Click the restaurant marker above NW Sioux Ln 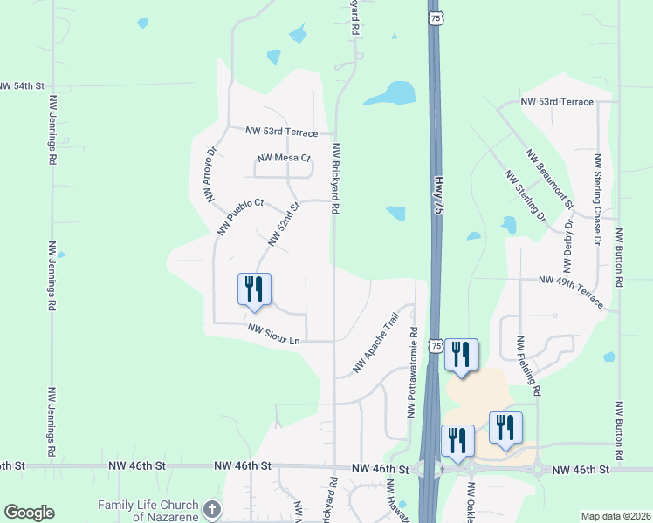pos(255,289)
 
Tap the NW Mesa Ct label pos(284,159)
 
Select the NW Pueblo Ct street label pos(240,217)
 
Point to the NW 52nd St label pos(284,225)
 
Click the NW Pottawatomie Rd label pos(412,372)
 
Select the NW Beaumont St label pos(548,180)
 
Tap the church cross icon pos(212,509)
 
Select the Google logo pos(29,513)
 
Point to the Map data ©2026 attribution pos(615,516)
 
